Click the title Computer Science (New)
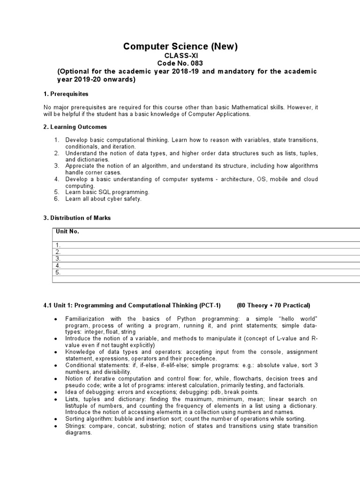point(180,46)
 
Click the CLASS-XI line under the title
point(180,55)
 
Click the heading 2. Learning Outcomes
point(75,127)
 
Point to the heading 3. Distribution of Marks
point(77,218)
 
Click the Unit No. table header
point(67,232)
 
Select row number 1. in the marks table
point(58,245)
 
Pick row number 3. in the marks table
point(58,259)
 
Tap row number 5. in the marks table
point(58,272)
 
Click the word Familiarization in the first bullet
point(87,319)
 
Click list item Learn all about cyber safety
point(103,199)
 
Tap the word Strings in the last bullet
point(75,426)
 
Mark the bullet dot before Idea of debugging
point(56,392)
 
